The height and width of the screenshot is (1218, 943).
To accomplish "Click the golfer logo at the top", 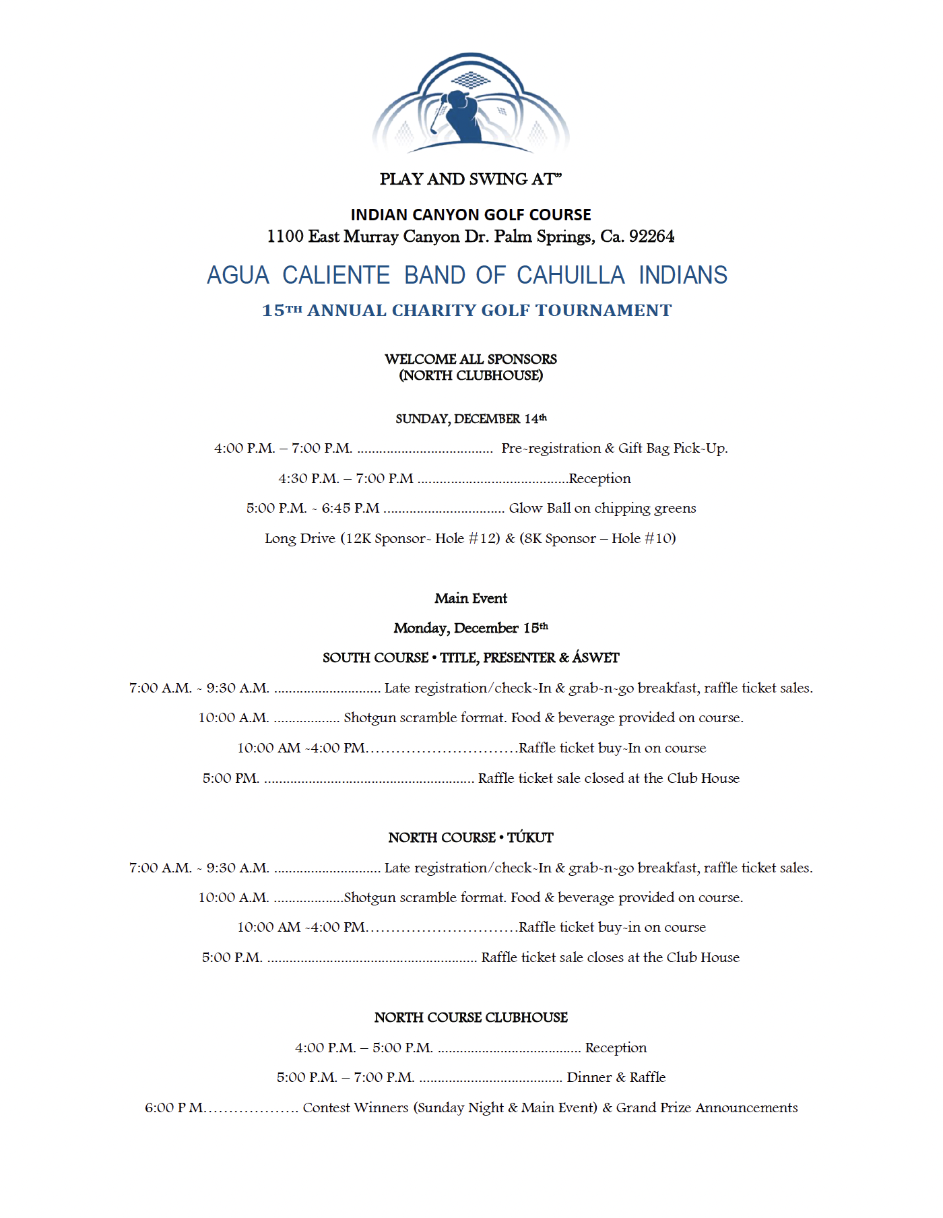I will [x=471, y=103].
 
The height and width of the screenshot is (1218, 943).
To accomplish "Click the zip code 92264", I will [x=651, y=236].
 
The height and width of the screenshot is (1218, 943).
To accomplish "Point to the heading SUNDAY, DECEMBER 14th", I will [x=471, y=419].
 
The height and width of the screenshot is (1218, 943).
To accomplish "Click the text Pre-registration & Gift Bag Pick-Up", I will [x=614, y=449].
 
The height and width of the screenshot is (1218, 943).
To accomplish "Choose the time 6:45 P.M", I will [x=350, y=509].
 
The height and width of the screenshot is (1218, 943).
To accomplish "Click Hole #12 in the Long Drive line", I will [x=467, y=538].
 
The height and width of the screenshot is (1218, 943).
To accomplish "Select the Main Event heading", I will [x=471, y=598].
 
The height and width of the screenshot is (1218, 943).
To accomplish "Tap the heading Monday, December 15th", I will [x=471, y=628].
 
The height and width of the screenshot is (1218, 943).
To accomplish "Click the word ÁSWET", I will [x=595, y=658].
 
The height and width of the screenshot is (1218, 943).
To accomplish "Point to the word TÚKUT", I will [x=530, y=837].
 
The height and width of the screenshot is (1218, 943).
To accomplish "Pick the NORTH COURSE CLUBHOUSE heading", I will [x=471, y=1017].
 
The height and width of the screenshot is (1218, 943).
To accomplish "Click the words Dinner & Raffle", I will [x=616, y=1077].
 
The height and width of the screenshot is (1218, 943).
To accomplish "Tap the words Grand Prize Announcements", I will [x=707, y=1108].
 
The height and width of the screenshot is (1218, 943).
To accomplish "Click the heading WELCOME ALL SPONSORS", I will [x=471, y=359].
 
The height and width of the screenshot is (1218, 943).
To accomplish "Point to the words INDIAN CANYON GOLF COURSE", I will [x=471, y=215].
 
